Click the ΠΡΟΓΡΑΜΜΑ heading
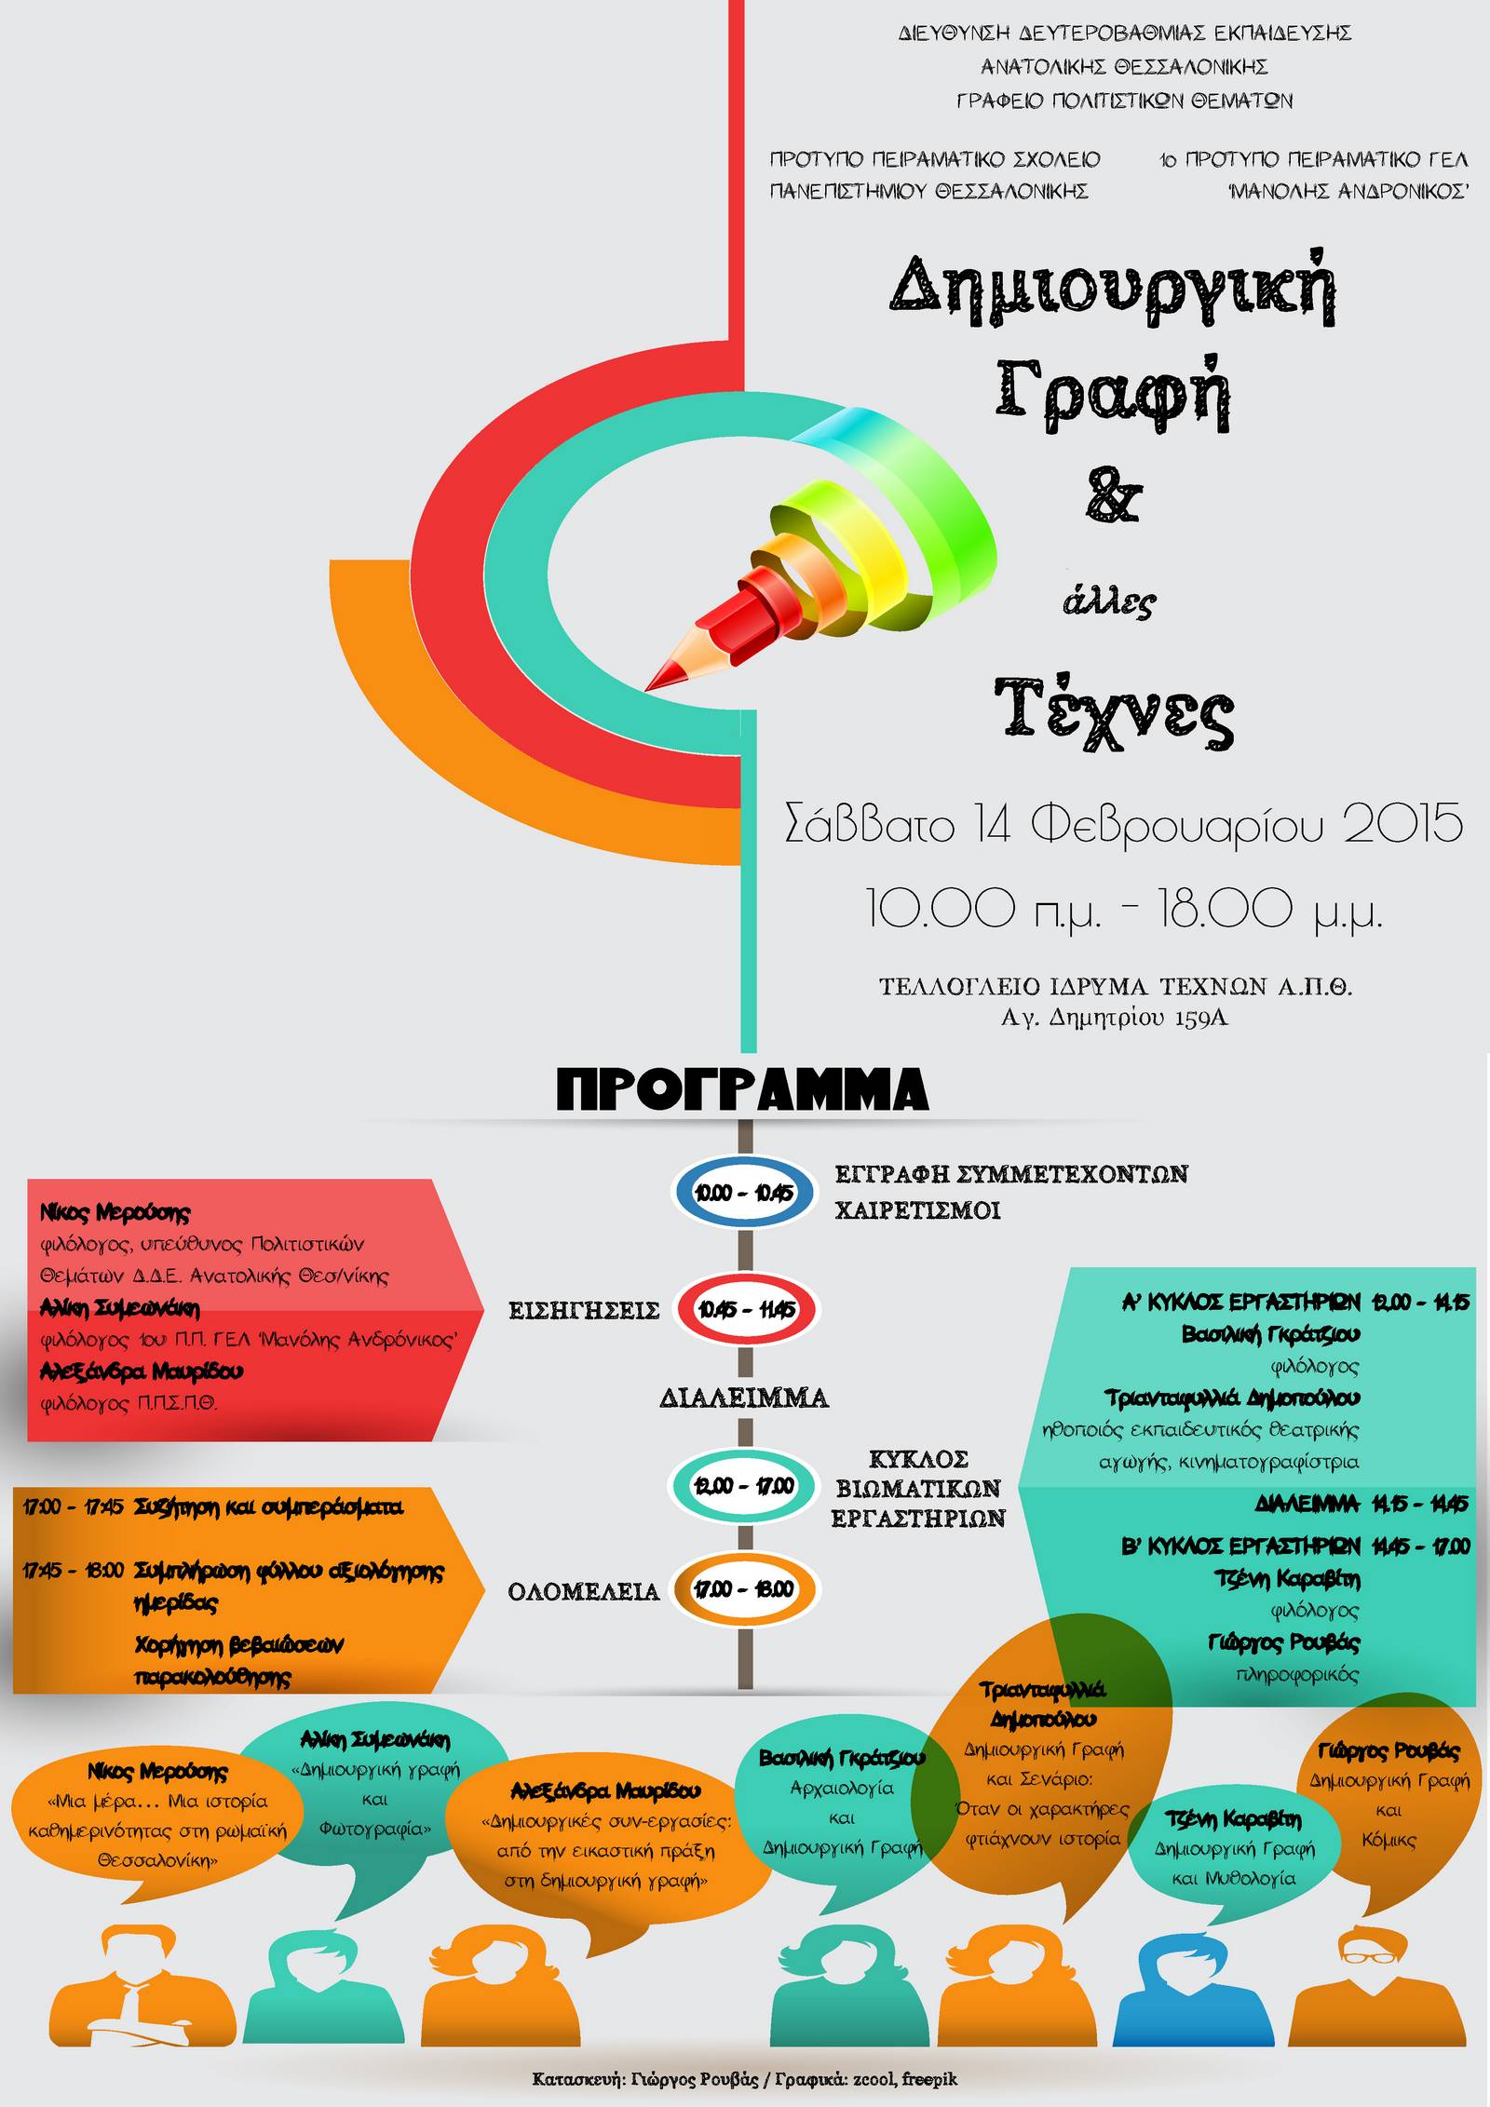click(x=743, y=1088)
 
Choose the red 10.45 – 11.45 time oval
click(x=745, y=1310)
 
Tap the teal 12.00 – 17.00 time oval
click(x=744, y=1485)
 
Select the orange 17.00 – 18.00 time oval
click(x=744, y=1588)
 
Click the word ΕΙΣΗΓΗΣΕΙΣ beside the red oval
click(x=584, y=1311)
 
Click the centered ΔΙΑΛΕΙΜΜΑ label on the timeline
click(x=744, y=1398)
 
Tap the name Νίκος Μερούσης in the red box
click(x=115, y=1212)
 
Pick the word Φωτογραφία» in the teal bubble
click(x=374, y=1830)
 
